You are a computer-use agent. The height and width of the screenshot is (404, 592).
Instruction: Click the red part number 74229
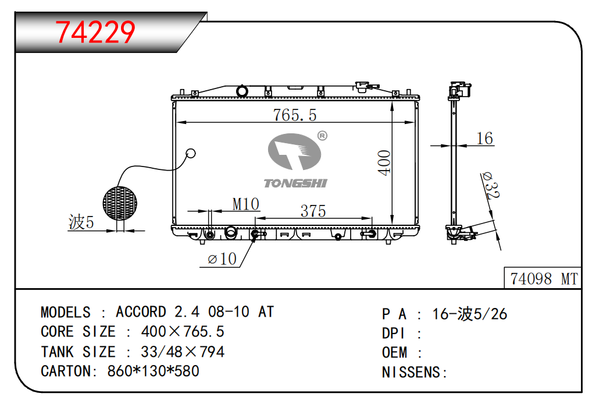coord(95,32)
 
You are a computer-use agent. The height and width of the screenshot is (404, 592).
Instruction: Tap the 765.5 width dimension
coord(295,115)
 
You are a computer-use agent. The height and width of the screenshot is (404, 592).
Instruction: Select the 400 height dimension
coord(384,162)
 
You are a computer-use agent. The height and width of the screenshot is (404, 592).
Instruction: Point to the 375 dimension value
coord(313,211)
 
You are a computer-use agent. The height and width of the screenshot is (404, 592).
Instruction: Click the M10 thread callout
coord(246,204)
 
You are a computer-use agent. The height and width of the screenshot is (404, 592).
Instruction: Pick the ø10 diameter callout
coord(222,259)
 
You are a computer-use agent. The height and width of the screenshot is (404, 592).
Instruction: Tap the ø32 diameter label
coord(491,185)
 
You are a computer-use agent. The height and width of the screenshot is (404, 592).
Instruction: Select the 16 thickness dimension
coord(484,139)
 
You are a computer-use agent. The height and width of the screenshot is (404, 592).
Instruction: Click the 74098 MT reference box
coord(543,278)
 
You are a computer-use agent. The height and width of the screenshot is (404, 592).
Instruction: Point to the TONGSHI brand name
coord(295,183)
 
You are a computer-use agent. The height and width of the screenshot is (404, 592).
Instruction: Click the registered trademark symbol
coord(322,136)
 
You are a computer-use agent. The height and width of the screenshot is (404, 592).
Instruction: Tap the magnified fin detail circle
coord(120,203)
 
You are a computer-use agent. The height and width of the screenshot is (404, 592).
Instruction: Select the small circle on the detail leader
coord(191,154)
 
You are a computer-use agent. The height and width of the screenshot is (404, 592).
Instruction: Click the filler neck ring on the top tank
coord(242,91)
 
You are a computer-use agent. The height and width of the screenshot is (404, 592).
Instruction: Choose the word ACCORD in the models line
coord(141,312)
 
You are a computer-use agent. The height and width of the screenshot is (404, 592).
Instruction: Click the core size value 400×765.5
coord(183,331)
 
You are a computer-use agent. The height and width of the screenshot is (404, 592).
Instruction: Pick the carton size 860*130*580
coord(154,371)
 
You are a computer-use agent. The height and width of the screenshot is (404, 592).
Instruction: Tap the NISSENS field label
coord(414,372)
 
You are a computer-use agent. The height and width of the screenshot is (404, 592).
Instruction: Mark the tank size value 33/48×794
coord(183,352)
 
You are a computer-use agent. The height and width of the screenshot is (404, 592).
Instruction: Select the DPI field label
coord(393,334)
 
